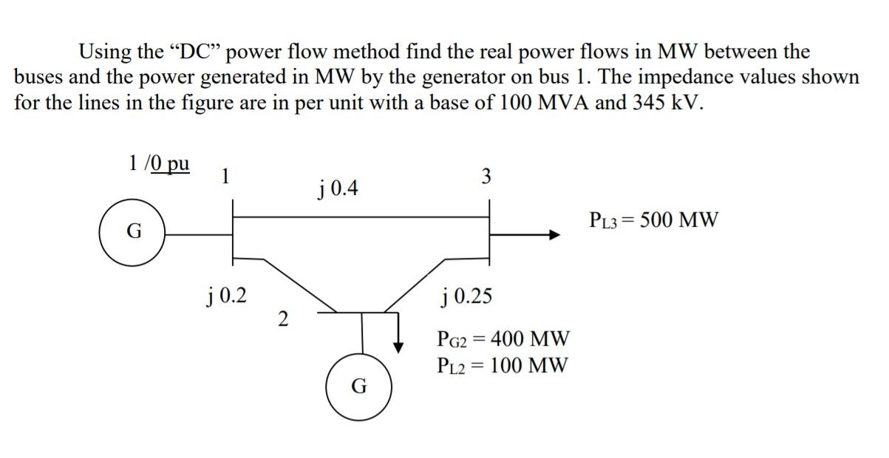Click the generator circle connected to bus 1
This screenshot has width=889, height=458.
point(132,232)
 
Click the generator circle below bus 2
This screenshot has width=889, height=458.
point(358,386)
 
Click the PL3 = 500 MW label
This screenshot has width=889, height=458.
point(653,219)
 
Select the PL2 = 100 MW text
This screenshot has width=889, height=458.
point(503,365)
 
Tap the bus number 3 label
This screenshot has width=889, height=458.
point(486,177)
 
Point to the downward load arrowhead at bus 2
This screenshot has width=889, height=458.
point(399,344)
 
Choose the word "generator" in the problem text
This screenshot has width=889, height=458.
point(455,77)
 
